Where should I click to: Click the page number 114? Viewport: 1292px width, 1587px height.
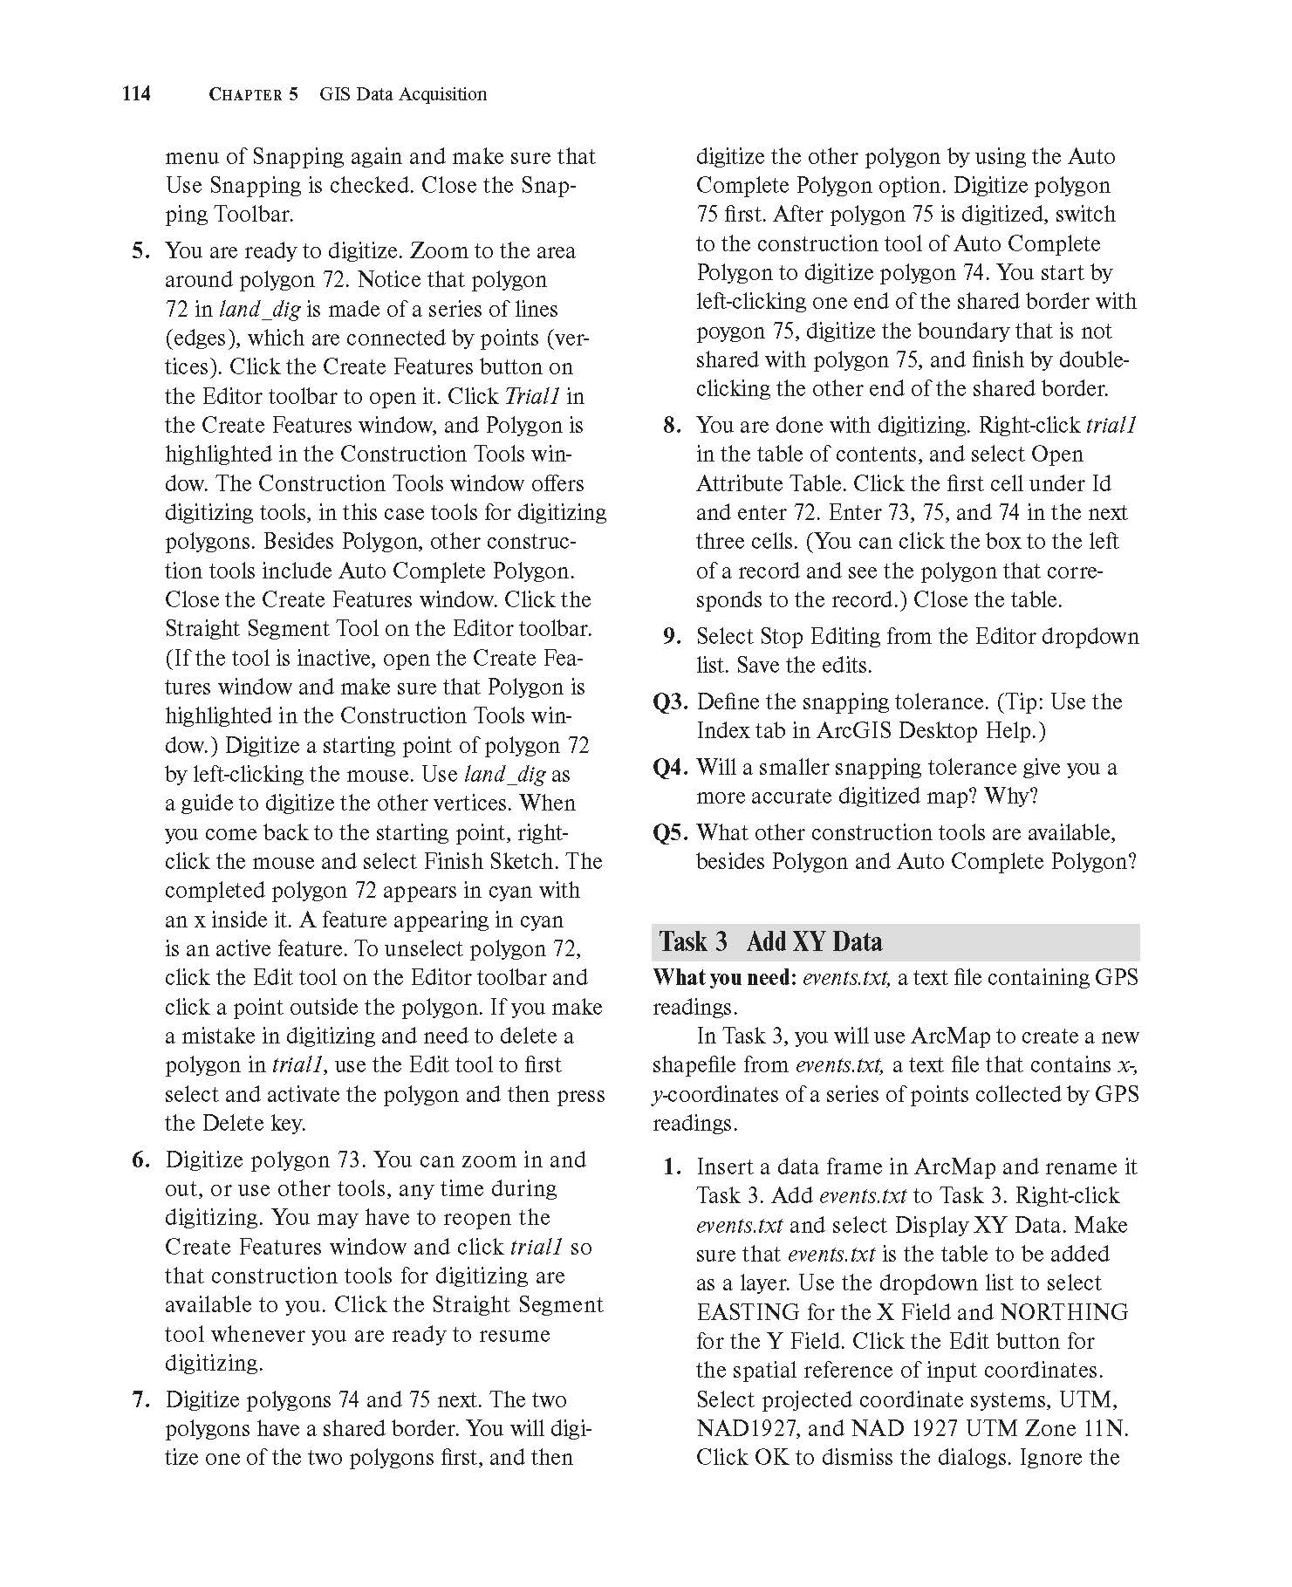[136, 93]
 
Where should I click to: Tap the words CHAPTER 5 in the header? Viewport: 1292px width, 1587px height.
[253, 94]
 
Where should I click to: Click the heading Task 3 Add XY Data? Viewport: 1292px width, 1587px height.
[770, 941]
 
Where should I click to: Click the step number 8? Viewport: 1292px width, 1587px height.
[673, 426]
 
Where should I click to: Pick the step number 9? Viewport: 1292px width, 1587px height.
[673, 636]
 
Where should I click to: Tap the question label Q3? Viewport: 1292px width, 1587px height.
[671, 701]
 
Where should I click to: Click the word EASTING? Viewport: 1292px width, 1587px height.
[748, 1312]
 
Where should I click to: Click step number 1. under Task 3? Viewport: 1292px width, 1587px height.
[673, 1167]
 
